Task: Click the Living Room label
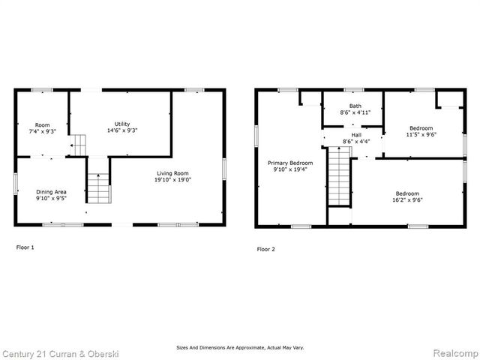(x=173, y=172)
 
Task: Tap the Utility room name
(x=121, y=124)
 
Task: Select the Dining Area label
(x=51, y=192)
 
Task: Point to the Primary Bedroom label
(x=290, y=163)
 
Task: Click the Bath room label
(x=355, y=106)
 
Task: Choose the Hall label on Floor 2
(x=356, y=134)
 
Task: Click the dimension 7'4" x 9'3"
(x=42, y=130)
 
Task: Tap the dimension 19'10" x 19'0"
(x=173, y=180)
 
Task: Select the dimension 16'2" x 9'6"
(x=407, y=200)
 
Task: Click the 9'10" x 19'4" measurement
(x=290, y=170)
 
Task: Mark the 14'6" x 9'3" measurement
(x=121, y=130)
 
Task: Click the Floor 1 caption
(x=25, y=247)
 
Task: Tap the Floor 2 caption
(x=265, y=249)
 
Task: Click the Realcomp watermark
(x=453, y=352)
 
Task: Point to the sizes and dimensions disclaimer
(x=239, y=348)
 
